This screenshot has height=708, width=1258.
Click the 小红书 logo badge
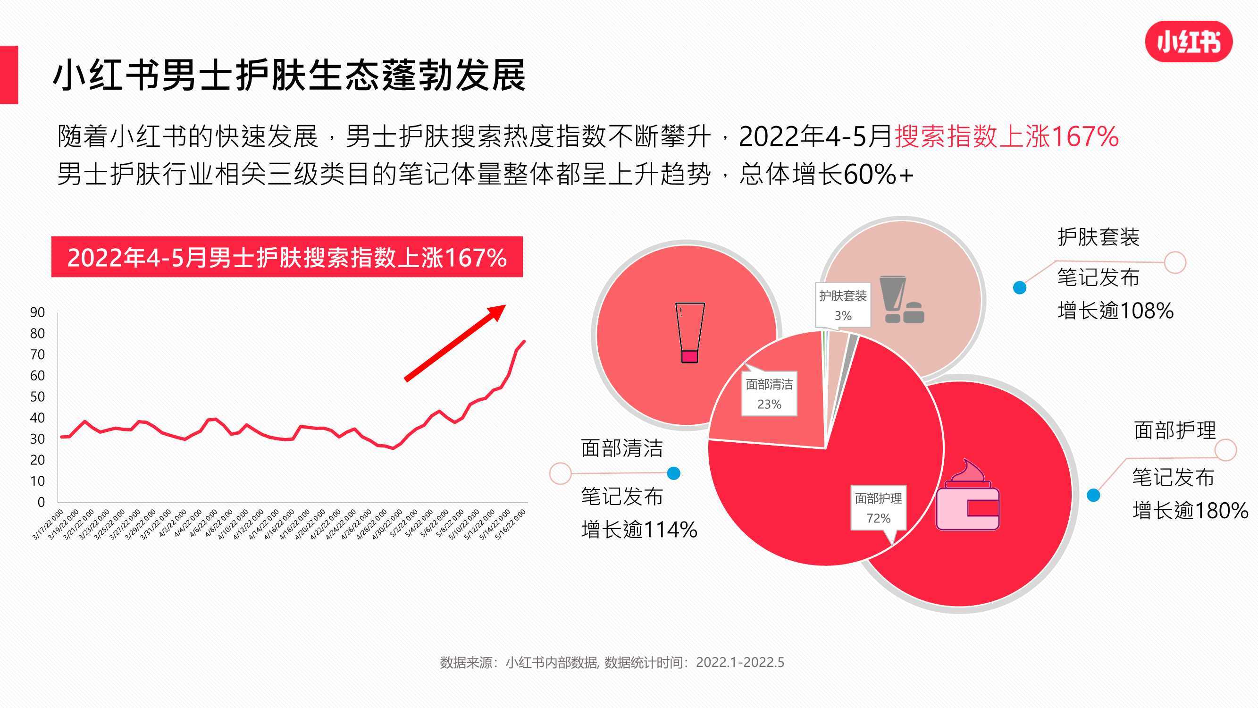coord(1189,42)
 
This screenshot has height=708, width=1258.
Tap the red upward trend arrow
coord(455,343)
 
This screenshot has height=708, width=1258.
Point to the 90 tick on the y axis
coord(38,312)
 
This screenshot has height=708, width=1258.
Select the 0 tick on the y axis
coord(41,502)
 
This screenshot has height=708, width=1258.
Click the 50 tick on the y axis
coord(38,397)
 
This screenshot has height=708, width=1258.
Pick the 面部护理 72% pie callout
coord(879,508)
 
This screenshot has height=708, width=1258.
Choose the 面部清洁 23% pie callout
coord(769,394)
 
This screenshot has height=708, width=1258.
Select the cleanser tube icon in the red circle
coord(689,332)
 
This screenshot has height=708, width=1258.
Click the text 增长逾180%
coord(1190,511)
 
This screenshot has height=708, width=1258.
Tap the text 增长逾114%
coord(639,530)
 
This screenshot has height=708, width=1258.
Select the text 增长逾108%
coord(1115,311)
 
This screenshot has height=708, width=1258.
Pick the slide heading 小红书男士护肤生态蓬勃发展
coord(289,75)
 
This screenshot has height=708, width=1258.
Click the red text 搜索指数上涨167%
coord(1006,136)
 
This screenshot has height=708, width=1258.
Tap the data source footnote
coord(612,662)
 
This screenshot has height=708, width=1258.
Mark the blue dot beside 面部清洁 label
coord(673,473)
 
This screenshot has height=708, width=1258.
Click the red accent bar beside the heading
coord(9,75)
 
